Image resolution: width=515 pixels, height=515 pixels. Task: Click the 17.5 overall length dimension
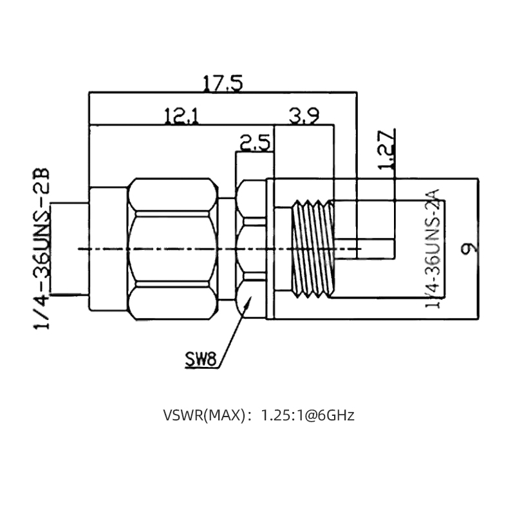point(223,84)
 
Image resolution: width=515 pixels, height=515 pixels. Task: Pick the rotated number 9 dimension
point(469,248)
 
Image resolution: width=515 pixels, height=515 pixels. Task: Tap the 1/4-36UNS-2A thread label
point(432,248)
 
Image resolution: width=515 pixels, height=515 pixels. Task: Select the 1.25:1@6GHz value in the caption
point(306,415)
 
